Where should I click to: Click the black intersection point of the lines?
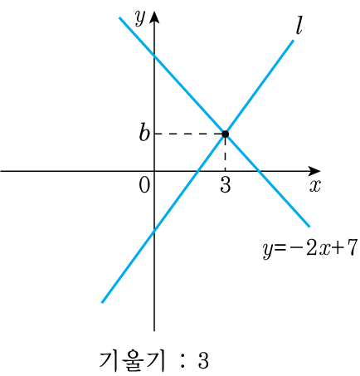click(226, 134)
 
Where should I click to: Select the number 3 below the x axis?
click(226, 184)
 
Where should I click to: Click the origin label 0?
click(144, 185)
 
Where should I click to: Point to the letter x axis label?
click(315, 186)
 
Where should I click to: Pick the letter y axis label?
click(140, 18)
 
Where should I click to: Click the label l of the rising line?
click(299, 27)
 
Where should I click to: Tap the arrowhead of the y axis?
click(154, 17)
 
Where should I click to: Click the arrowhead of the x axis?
click(314, 171)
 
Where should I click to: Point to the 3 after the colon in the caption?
click(203, 360)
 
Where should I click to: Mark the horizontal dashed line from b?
click(188, 134)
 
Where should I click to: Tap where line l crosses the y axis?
click(154, 231)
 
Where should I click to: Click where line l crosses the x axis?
click(197, 171)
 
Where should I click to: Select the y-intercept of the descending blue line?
click(154, 56)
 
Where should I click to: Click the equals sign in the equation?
click(280, 248)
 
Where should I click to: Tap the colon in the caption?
click(182, 361)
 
